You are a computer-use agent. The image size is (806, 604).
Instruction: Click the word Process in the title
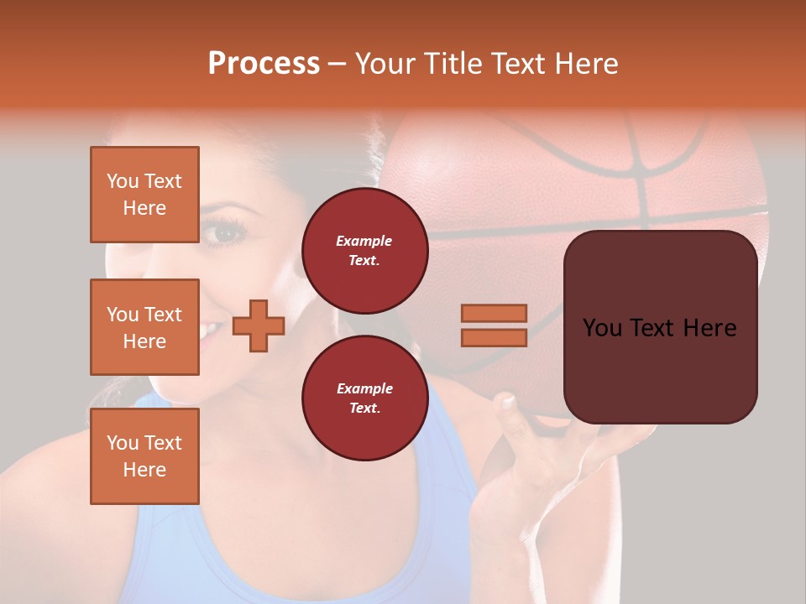pos(264,63)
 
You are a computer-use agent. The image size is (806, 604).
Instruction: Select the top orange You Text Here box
pos(144,195)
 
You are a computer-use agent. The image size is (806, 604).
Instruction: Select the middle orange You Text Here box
pos(144,327)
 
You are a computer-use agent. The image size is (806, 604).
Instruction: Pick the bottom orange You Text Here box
pos(144,456)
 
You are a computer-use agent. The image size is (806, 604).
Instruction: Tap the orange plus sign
pos(259,325)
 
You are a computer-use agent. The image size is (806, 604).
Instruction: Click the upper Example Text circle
pos(364,251)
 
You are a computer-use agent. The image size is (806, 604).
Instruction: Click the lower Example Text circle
pos(364,398)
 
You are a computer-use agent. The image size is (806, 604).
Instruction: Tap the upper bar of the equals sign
pos(494,313)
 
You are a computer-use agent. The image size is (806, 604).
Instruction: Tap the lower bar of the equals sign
pos(494,337)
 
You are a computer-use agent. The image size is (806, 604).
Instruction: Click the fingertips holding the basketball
pos(506,404)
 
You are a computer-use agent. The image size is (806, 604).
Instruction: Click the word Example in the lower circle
pos(364,388)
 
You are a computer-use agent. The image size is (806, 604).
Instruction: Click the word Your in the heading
pos(383,63)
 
